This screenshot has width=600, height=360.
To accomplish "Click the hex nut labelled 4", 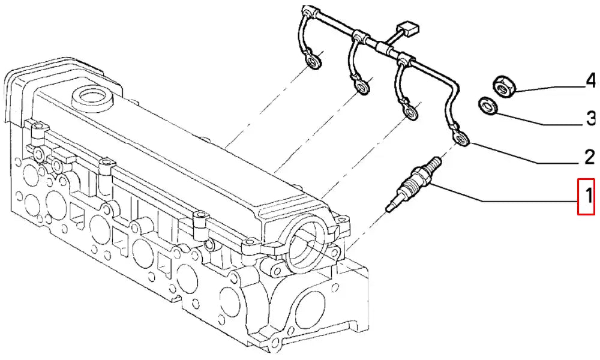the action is [502, 86].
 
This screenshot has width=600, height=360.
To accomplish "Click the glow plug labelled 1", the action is [415, 183].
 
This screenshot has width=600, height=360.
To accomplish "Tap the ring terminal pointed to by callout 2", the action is [461, 138].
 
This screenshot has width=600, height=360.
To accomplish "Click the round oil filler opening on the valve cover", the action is [92, 95].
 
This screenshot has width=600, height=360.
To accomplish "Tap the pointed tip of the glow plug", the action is [388, 209].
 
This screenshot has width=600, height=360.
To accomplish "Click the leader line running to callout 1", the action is [505, 194].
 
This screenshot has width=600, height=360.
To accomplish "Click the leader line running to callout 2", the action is [524, 154].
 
